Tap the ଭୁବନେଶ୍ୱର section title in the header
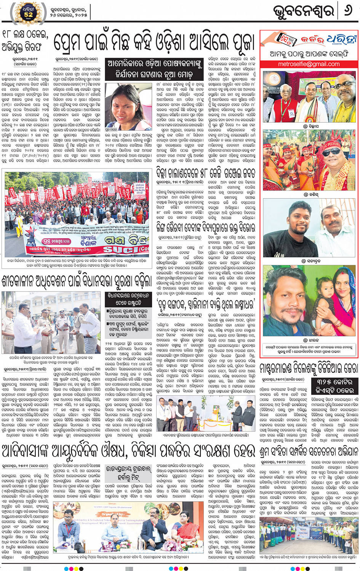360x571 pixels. pos(304,11)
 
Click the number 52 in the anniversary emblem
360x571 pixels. pos(29,14)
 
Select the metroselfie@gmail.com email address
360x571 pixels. pos(309,64)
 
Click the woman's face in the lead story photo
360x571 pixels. pos(126,107)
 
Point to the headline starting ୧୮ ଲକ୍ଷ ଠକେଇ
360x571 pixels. pos(25,41)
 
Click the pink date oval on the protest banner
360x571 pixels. pos(56,241)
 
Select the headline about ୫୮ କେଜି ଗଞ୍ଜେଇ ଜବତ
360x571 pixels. pos(206,173)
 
